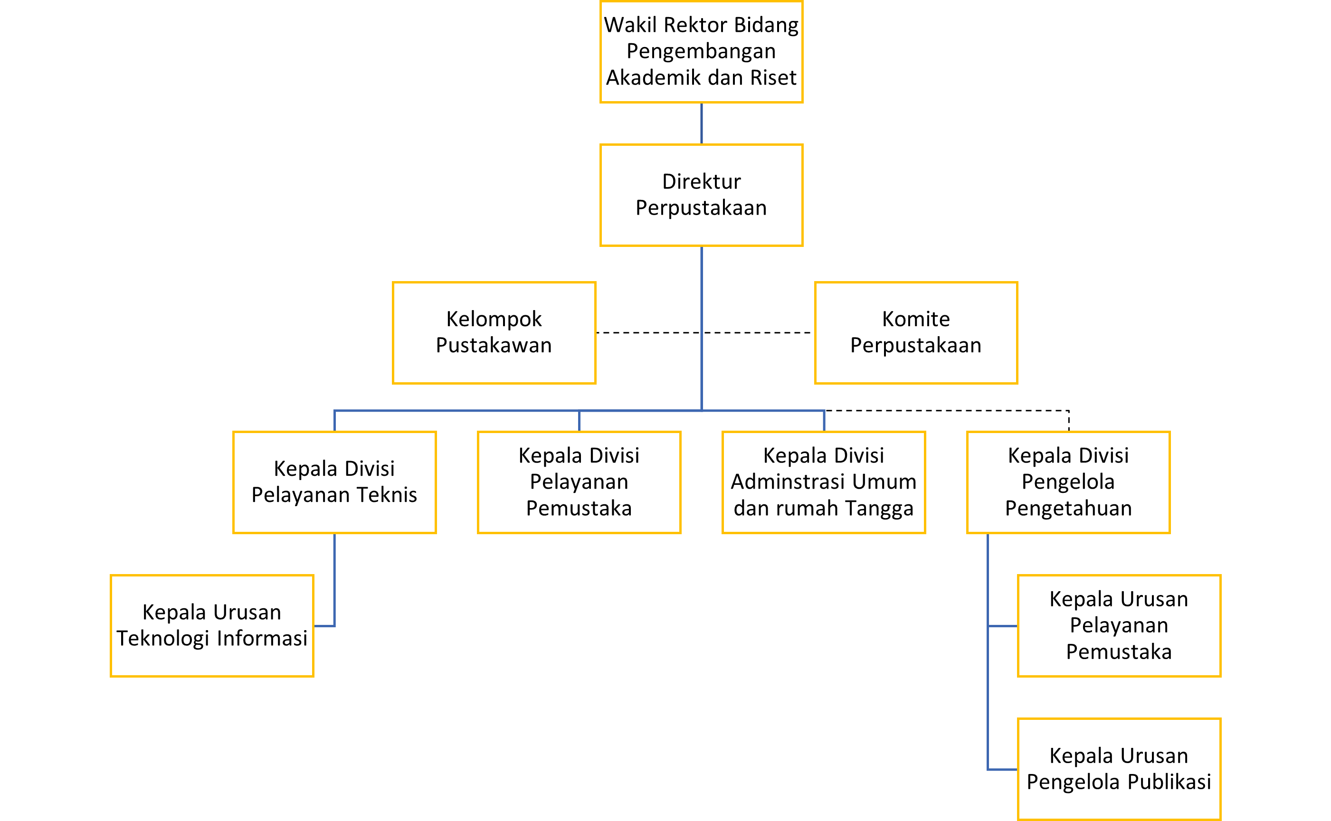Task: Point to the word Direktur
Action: click(701, 181)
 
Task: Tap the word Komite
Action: click(915, 319)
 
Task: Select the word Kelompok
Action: click(494, 319)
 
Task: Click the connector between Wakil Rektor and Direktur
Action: click(701, 123)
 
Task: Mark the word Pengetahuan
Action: click(1068, 508)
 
